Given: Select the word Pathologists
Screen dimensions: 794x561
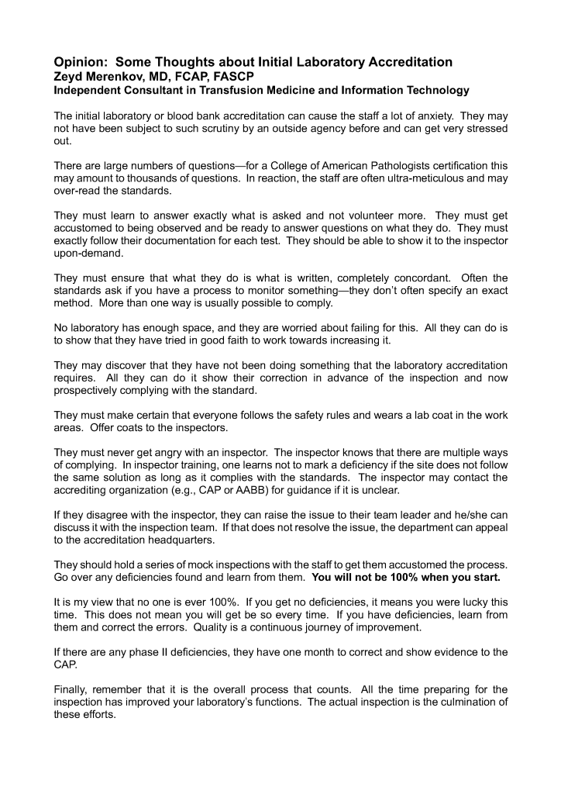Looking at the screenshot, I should pyautogui.click(x=366, y=165).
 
